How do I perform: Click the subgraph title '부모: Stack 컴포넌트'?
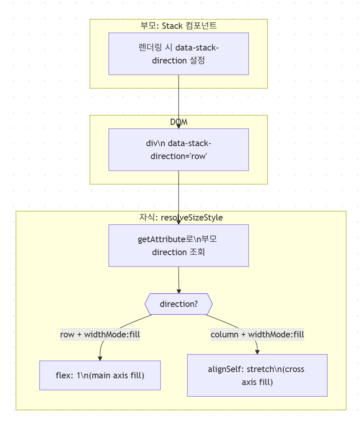click(x=179, y=25)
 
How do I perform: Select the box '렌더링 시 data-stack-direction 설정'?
click(x=179, y=54)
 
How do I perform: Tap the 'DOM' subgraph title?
click(x=179, y=122)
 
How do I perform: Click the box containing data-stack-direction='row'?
click(x=179, y=149)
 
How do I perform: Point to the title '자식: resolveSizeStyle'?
click(x=181, y=218)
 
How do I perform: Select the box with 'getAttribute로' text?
click(x=179, y=246)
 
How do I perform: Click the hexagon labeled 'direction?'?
click(x=179, y=304)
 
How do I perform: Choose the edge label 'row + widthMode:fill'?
click(x=100, y=334)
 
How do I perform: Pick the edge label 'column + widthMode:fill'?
click(x=257, y=334)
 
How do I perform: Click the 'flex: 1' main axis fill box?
click(x=100, y=375)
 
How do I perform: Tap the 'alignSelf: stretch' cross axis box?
click(x=257, y=375)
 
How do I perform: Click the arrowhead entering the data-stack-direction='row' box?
click(x=179, y=126)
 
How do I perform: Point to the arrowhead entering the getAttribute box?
click(x=179, y=222)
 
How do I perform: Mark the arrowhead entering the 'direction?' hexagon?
click(x=179, y=291)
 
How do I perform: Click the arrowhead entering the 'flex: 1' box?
click(x=100, y=358)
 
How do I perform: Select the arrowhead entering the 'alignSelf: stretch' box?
click(x=257, y=352)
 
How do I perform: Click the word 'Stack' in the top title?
click(x=172, y=25)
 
